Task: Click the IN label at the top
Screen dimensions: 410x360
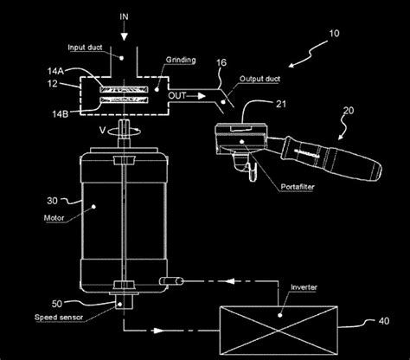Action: [124, 17]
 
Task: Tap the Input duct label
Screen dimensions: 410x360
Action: [85, 48]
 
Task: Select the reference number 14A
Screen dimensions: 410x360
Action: [55, 71]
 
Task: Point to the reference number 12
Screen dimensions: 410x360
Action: [53, 84]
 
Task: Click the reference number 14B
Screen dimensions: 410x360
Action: [61, 114]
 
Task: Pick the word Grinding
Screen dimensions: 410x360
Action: [181, 60]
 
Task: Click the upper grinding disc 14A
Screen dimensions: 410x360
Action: [124, 90]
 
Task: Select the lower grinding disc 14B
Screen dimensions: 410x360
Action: [124, 100]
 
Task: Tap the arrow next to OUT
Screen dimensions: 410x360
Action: [196, 96]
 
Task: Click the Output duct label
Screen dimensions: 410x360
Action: [259, 79]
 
